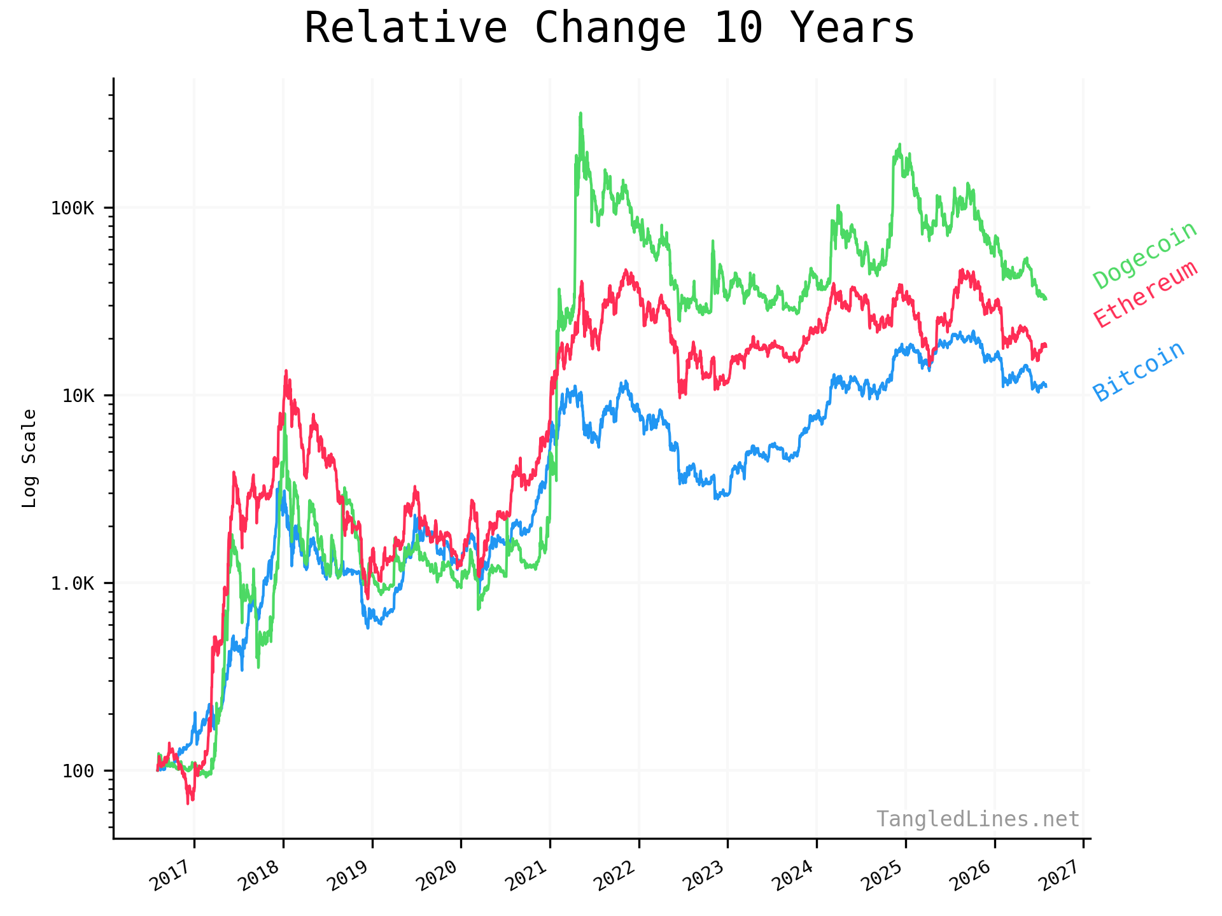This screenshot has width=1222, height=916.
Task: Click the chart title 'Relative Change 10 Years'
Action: tap(609, 28)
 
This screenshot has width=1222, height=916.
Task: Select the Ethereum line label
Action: tap(1146, 294)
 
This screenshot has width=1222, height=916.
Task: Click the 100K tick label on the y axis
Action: tap(72, 208)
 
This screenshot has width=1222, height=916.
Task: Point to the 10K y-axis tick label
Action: tap(78, 396)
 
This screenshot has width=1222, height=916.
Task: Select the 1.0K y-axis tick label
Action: tap(72, 583)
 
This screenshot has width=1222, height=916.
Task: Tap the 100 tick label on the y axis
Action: tap(78, 771)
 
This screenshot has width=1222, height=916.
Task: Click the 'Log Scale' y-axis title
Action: tap(29, 458)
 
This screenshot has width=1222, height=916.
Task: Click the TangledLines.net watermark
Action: tap(978, 819)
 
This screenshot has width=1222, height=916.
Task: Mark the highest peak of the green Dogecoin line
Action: tap(580, 114)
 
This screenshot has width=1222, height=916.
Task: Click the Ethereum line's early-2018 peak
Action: tap(286, 371)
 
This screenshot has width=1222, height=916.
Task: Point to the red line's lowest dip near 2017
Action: tap(188, 803)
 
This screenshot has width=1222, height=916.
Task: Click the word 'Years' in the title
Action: tap(852, 28)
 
